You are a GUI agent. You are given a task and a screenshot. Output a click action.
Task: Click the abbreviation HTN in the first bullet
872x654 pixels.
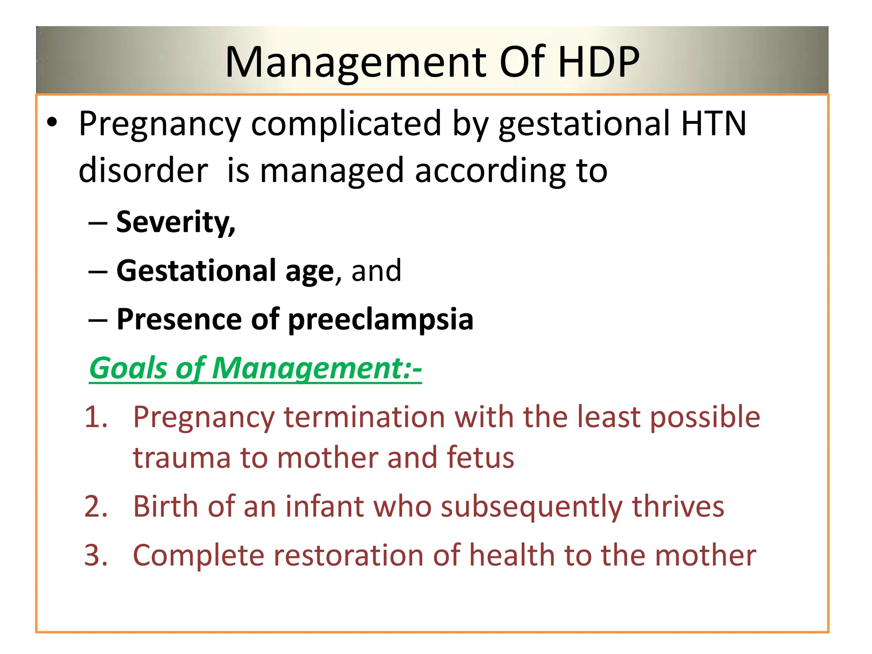pos(714,123)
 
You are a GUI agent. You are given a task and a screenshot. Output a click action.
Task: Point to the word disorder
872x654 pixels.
pos(143,170)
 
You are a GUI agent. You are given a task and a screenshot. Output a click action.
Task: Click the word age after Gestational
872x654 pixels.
pos(310,272)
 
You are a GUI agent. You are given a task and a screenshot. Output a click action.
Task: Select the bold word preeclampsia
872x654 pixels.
pos(381,320)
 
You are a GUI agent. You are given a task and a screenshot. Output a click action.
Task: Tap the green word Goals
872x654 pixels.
pos(128,368)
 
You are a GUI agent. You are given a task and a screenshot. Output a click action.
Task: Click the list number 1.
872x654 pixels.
pos(96,417)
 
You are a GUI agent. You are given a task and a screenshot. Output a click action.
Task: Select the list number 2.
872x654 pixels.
pos(96,507)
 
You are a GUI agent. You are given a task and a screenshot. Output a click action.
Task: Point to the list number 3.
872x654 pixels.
pos(96,556)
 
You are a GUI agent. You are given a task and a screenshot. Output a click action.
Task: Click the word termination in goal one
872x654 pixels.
pos(364,417)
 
